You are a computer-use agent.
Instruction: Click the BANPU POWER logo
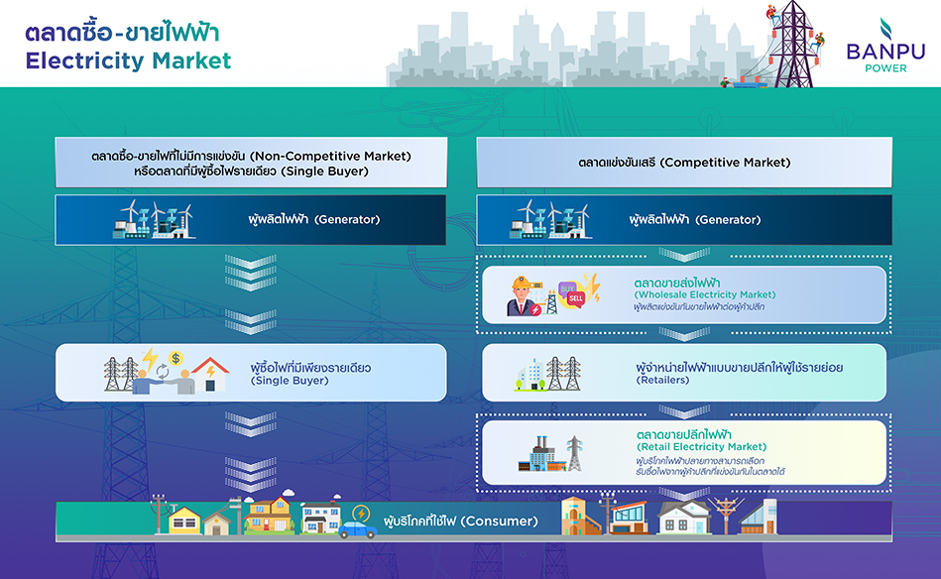[885, 46]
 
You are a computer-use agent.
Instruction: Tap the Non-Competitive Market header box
[251, 163]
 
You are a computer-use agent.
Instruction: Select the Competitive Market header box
[684, 163]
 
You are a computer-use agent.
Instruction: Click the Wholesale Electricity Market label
[705, 294]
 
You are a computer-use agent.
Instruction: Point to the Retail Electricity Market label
[702, 446]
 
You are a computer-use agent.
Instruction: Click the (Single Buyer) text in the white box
[290, 381]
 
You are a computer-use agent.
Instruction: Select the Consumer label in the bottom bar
[461, 521]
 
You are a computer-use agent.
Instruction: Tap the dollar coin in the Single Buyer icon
[176, 358]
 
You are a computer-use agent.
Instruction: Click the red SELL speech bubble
[575, 298]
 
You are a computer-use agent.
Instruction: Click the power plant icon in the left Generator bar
[153, 219]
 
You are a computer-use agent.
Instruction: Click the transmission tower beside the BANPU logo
[793, 45]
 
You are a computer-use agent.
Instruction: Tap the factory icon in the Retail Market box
[542, 454]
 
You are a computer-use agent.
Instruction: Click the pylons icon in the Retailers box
[563, 374]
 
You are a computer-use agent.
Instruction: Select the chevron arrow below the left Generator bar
[251, 272]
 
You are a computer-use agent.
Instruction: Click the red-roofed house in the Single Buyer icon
[209, 375]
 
